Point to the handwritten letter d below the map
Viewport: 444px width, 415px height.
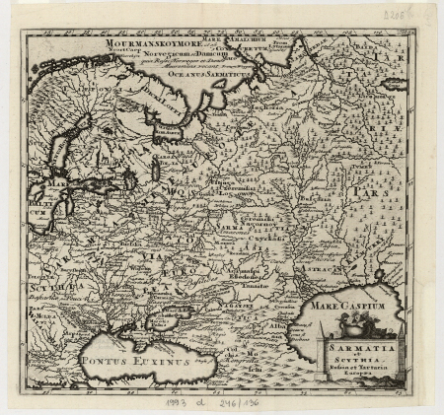(201, 400)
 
